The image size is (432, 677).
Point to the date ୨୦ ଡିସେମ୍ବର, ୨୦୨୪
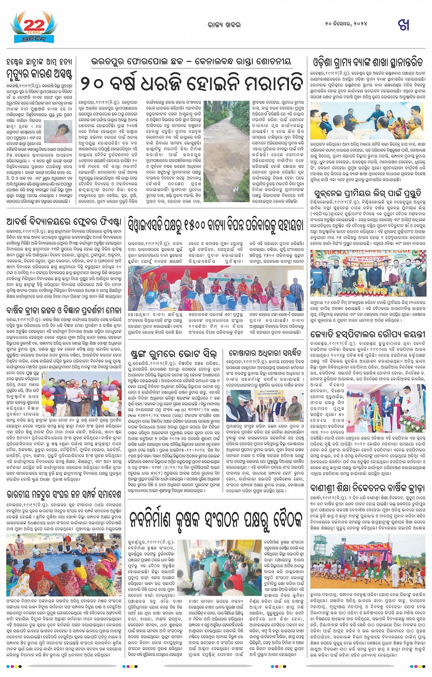point(346,24)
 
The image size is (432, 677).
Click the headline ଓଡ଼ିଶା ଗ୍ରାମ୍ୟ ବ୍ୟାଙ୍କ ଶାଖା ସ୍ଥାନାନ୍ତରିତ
point(368,62)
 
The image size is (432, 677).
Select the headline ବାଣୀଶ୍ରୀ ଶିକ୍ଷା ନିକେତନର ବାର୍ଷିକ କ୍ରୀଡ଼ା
point(368,488)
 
